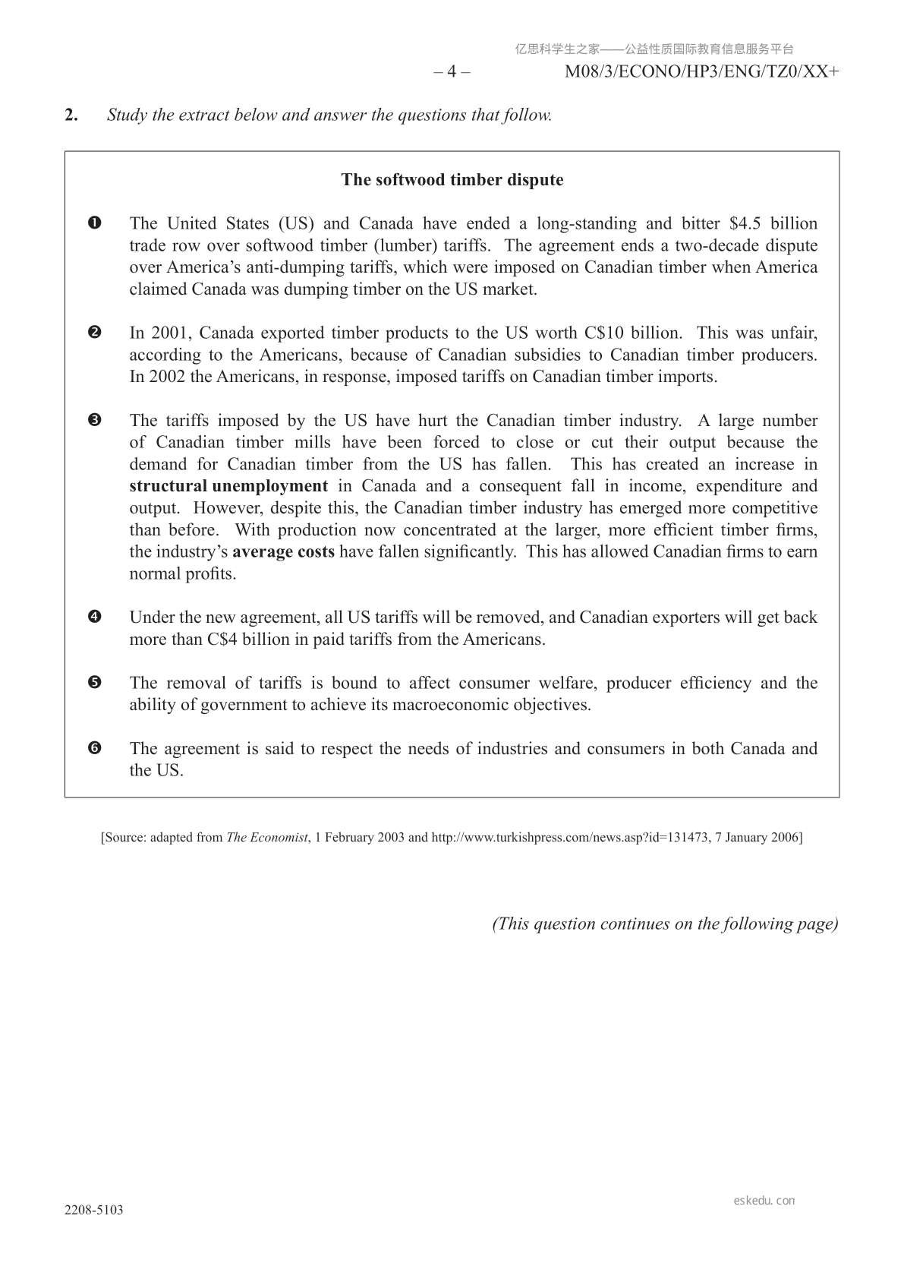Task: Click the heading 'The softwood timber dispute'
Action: coord(452,180)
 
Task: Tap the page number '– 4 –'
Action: coord(452,72)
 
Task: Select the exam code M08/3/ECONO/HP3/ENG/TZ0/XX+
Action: coord(702,72)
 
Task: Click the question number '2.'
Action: coord(71,115)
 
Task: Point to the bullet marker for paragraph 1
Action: coord(95,223)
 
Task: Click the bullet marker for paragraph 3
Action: coord(95,420)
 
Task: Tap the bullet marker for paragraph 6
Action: coord(95,748)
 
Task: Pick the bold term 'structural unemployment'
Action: coord(228,486)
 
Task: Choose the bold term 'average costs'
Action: coord(283,551)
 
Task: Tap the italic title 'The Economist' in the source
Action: coord(267,838)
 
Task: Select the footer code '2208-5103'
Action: coord(93,1211)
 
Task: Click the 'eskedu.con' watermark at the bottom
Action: coord(764,1201)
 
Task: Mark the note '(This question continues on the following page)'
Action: coord(665,924)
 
